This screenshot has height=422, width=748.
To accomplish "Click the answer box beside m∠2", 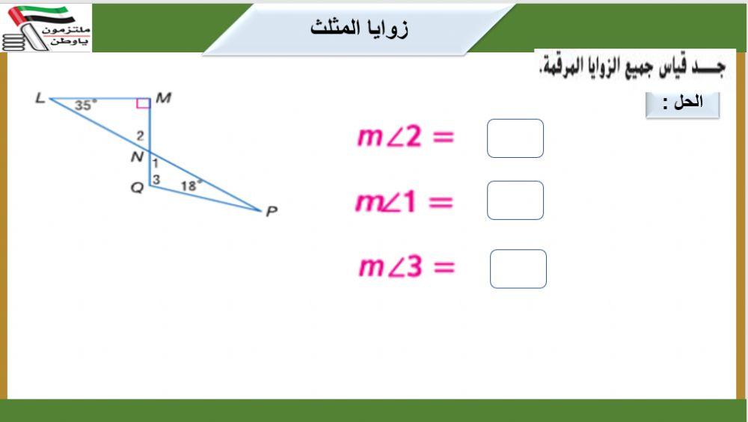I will pos(515,138).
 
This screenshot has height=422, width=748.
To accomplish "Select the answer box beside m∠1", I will pos(515,201).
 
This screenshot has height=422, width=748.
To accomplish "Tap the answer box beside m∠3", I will pos(518,269).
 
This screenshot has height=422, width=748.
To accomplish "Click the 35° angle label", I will pos(85,105).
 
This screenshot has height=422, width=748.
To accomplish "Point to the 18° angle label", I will pos(191,185).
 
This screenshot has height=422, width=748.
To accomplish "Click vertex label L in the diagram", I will pos(40,98).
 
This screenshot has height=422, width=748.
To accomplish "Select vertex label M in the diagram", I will pos(164,98).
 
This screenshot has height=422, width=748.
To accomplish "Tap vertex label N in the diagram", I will pos(137,156).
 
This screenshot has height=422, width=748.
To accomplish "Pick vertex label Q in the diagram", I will pos(137,188).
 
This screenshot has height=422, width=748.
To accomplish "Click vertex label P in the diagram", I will pos(272,211).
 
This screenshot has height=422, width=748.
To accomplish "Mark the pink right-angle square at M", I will pos(143,103).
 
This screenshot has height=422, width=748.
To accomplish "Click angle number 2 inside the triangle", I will pos(140,136).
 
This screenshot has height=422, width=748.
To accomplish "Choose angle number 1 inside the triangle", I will pos(156,163).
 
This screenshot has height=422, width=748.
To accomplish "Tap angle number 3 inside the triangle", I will pos(156,180).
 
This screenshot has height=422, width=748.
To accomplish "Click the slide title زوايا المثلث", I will pos(359,28).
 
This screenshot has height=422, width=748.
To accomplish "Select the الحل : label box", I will pos(682,104).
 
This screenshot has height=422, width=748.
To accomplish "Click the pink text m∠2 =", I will pos(405,137).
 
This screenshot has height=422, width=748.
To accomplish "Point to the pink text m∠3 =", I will pos(407,267).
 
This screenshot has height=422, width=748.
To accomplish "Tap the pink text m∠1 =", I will pos(404,202).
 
